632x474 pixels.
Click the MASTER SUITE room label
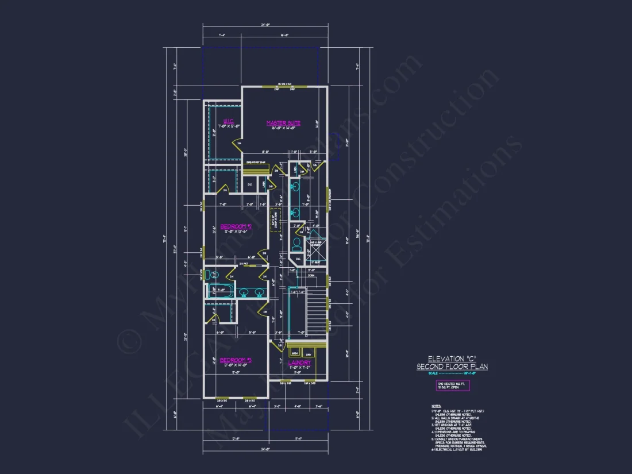pyautogui.click(x=283, y=123)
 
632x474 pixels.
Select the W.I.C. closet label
pyautogui.click(x=228, y=121)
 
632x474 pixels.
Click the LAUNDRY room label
pyautogui.click(x=299, y=363)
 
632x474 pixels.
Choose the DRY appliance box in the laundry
pyautogui.click(x=309, y=352)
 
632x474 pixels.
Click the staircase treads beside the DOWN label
pyautogui.click(x=315, y=313)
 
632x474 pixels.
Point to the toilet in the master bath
pyautogui.click(x=296, y=244)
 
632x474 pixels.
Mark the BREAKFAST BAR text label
pyautogui.click(x=255, y=163)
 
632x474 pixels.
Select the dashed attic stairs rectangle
pyautogui.click(x=276, y=220)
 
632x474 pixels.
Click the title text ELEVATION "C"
pyautogui.click(x=452, y=359)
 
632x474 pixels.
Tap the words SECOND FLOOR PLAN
pyautogui.click(x=452, y=367)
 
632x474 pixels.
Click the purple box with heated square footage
pyautogui.click(x=452, y=386)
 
